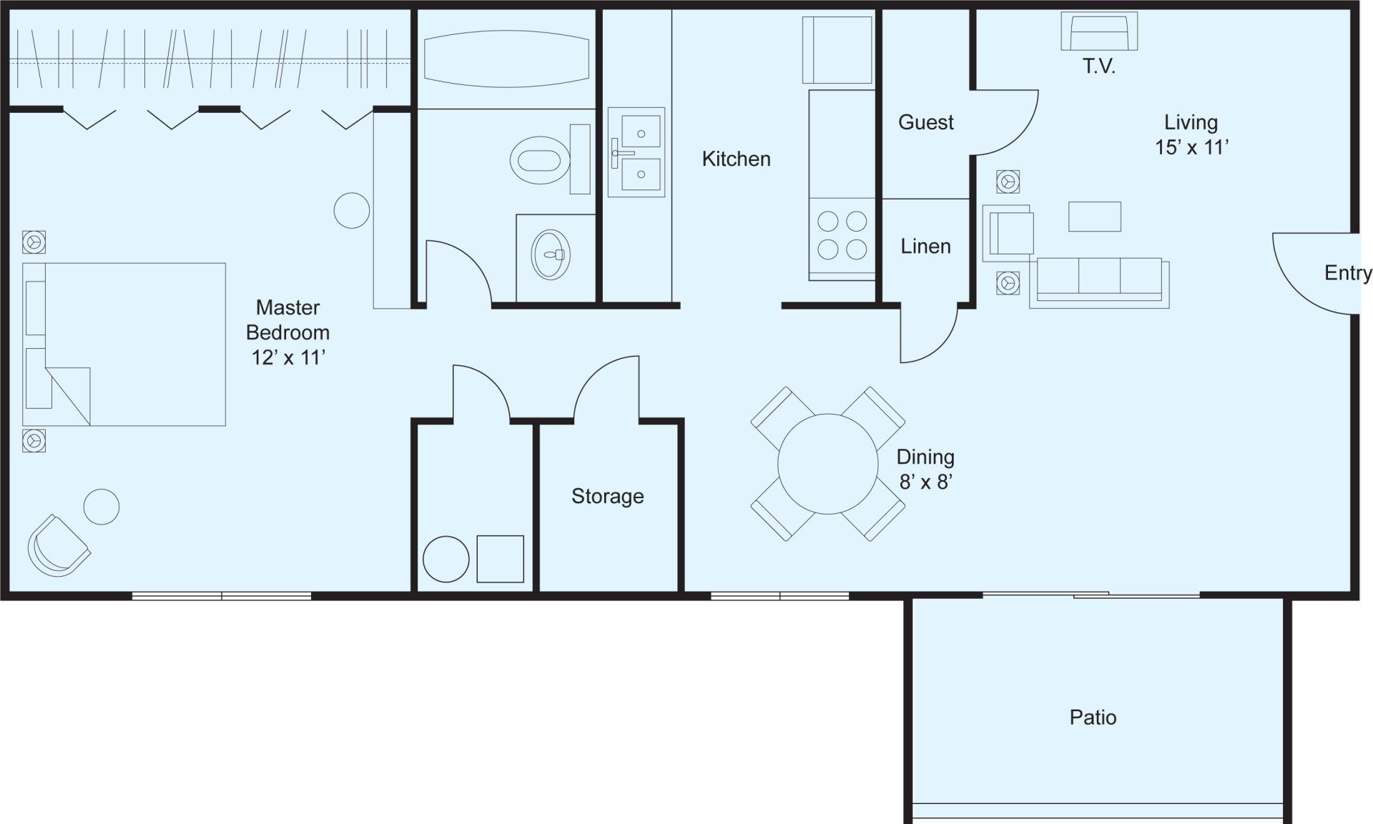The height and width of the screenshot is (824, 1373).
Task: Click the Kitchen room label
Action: coord(736,159)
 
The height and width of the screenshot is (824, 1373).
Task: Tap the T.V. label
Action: coord(1099,67)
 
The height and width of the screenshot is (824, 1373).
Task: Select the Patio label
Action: coord(1093,718)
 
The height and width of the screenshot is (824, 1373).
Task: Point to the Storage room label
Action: coord(607,496)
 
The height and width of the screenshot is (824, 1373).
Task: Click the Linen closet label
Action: coord(925,247)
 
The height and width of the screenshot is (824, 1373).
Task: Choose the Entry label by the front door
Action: coord(1348,273)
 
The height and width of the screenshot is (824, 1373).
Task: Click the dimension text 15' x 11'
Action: coord(1191,147)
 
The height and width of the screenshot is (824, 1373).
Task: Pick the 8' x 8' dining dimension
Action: coord(925,482)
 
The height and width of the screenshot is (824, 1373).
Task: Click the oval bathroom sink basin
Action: coord(551,254)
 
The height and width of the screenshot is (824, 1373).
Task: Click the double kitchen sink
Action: coord(636,152)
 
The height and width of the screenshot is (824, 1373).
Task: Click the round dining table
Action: coord(827,464)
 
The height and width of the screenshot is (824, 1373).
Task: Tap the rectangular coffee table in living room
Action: coord(1095,217)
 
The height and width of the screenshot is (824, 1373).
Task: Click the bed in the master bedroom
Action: coord(124,344)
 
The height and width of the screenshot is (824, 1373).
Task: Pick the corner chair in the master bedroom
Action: coord(59,545)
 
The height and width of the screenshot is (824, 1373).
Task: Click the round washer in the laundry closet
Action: coord(446,559)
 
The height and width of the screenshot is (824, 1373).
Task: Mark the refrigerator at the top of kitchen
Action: coord(837,50)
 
